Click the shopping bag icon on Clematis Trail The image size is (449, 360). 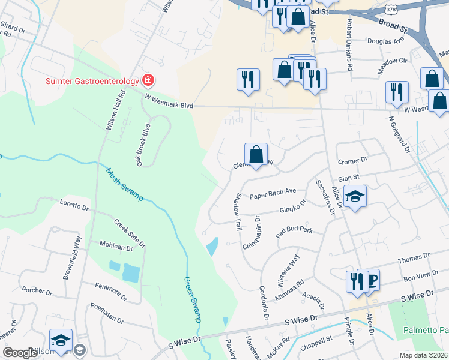tap(256, 155)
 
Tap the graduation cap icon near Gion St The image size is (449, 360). tap(355, 197)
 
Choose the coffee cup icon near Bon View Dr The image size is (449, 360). tap(370, 280)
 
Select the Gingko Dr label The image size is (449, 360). tap(292, 208)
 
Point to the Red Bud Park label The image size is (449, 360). tap(294, 232)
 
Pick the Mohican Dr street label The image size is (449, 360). tap(116, 247)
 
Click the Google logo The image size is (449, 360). tap(20, 353)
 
